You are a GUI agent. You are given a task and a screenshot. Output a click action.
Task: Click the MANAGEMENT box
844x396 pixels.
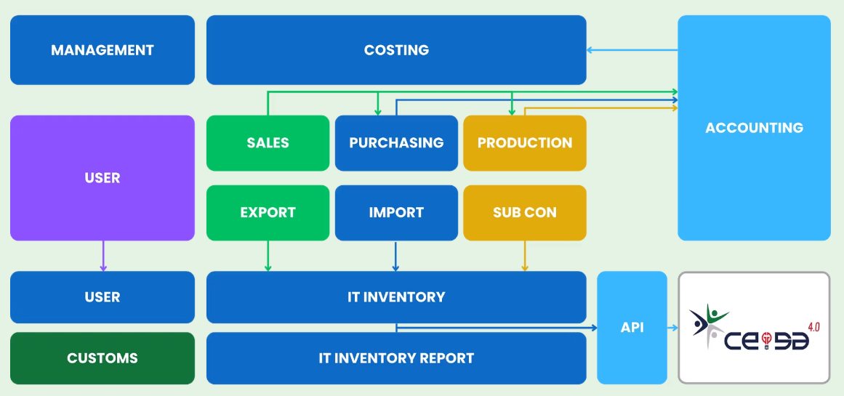pos(103,50)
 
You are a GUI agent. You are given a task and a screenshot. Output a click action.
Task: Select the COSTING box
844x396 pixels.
pos(396,50)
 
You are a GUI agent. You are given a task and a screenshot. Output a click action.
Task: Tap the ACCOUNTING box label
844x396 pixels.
pos(754,128)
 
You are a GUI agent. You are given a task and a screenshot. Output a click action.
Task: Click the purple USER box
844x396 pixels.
pos(103,177)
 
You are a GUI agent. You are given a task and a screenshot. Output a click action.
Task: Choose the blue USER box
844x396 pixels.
pos(103,297)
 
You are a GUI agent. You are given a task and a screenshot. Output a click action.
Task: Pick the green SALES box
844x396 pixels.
pos(268,143)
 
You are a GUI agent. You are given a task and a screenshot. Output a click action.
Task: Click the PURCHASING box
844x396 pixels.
pos(396,143)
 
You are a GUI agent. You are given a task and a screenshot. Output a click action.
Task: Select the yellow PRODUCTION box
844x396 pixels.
pos(524,143)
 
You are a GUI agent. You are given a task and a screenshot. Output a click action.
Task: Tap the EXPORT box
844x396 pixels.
pos(268,213)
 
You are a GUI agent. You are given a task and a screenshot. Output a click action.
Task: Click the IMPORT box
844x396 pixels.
pos(396,213)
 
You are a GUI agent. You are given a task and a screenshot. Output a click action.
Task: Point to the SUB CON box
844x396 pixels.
pos(524,213)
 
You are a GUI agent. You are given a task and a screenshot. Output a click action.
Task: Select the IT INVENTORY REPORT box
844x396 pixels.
pos(396,358)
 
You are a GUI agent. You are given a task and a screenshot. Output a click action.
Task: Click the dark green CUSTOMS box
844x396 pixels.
pos(103,358)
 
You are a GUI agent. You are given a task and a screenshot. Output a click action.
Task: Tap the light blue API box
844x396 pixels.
pos(632,328)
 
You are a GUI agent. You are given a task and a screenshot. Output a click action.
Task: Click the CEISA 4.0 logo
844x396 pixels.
pos(754,328)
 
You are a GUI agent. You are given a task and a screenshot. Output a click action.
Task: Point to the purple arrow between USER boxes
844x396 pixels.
pos(103,256)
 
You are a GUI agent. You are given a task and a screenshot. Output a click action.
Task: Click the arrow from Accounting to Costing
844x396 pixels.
pos(632,50)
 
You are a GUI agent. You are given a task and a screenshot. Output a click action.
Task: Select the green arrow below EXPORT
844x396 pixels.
pos(268,256)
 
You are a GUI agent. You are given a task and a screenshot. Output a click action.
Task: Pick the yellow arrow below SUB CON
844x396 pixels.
pos(524,256)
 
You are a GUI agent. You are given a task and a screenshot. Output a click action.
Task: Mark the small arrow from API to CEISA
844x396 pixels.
pos(672,328)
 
